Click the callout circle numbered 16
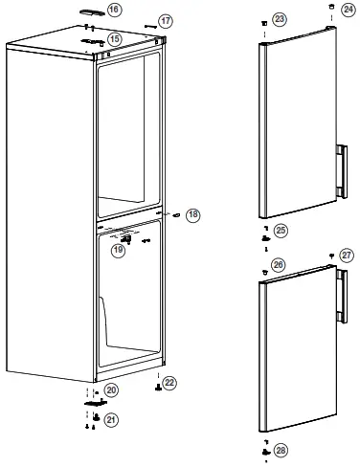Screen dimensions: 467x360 114,10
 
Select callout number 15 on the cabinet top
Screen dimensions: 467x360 114,39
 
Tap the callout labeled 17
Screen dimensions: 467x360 166,20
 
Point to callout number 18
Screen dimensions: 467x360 193,214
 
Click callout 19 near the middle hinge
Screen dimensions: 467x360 118,250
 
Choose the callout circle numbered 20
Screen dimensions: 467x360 112,390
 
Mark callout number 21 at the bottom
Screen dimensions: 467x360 112,420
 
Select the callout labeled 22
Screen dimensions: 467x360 170,384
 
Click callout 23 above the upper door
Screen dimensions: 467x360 280,19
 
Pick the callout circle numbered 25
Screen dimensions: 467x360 281,230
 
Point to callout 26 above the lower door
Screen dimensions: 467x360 278,263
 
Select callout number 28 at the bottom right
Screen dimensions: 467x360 281,449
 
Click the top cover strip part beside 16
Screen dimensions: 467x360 91,11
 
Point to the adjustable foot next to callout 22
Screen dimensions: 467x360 156,389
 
